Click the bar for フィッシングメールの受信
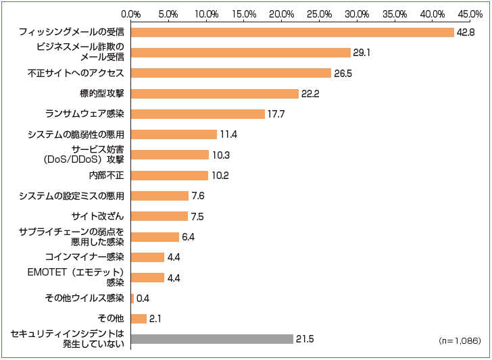pyautogui.click(x=292, y=32)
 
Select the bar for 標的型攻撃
pyautogui.click(x=214, y=93)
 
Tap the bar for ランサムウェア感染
pyautogui.click(x=197, y=114)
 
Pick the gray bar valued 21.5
pyautogui.click(x=212, y=339)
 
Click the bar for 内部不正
pyautogui.click(x=169, y=175)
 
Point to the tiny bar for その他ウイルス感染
pyautogui.click(x=132, y=298)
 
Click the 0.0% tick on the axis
pyautogui.click(x=130, y=13)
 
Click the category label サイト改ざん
pyautogui.click(x=98, y=216)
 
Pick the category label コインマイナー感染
pyautogui.click(x=85, y=257)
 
